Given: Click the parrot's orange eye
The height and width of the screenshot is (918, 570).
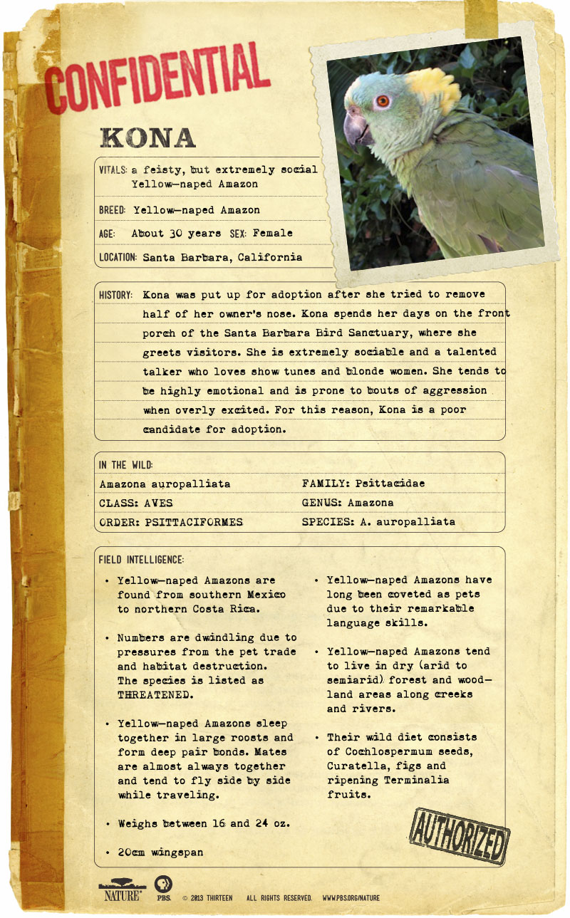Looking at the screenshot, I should coord(383,100).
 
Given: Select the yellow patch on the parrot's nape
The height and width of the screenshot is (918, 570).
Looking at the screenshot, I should coord(435,88).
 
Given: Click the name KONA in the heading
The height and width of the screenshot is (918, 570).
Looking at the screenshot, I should coord(148,138).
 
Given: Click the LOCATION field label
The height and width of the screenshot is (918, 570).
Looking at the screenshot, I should coord(118,257).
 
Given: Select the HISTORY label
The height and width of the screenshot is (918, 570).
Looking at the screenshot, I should coord(116,294).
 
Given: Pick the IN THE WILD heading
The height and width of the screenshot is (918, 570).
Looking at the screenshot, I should coord(126,465).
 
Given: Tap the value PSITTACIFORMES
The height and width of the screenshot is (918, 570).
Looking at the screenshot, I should coord(193,522).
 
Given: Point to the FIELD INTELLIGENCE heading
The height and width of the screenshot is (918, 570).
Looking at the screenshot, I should coord(142,560).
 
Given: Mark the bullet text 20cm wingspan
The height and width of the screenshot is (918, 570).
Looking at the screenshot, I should coord(160,852).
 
